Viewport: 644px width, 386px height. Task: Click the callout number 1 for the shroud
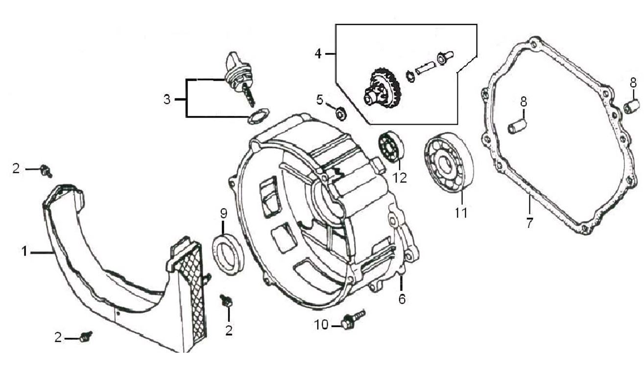click(24, 252)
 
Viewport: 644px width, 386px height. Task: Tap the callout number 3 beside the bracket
click(167, 99)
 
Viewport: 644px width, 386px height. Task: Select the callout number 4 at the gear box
click(318, 52)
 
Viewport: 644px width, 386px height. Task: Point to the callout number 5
click(320, 100)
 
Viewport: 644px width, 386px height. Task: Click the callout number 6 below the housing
click(402, 299)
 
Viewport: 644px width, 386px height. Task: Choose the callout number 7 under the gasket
click(529, 223)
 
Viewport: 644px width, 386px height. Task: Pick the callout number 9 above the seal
click(223, 214)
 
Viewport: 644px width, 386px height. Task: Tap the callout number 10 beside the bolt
click(322, 325)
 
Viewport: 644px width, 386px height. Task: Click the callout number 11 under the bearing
click(460, 213)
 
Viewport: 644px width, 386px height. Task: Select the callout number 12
click(400, 177)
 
